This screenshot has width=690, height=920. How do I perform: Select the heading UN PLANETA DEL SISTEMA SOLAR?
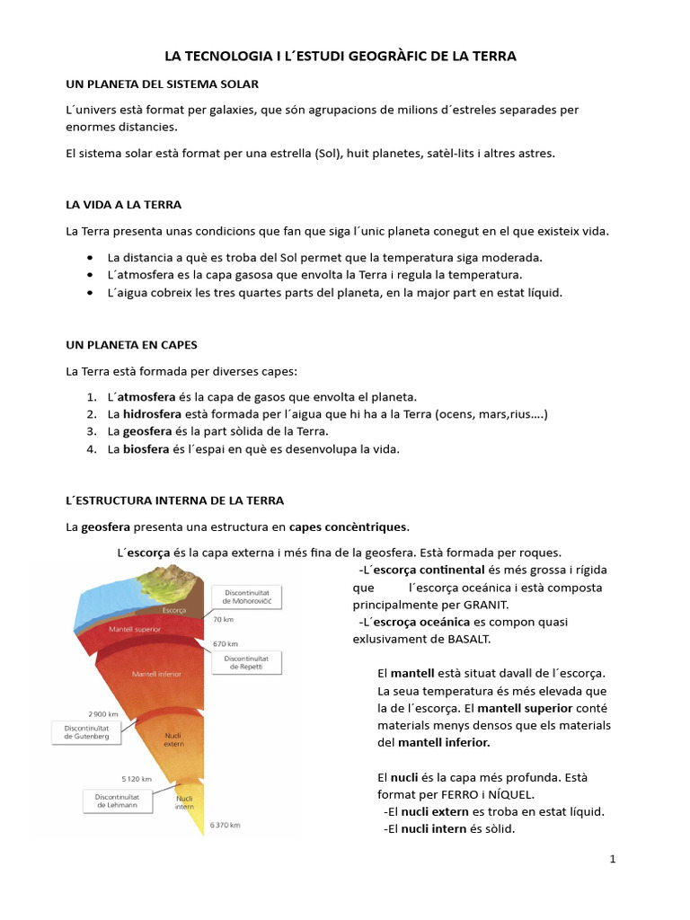(163, 84)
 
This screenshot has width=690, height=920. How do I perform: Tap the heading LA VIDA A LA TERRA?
(124, 205)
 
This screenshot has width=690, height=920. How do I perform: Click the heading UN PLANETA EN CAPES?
(131, 344)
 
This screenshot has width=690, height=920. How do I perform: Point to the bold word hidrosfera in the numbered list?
(152, 414)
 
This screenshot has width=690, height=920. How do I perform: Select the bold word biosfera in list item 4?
(146, 448)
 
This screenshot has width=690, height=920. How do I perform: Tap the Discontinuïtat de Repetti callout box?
(247, 662)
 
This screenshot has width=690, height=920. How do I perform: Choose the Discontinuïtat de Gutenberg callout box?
(86, 731)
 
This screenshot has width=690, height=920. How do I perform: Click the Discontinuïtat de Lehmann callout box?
(117, 800)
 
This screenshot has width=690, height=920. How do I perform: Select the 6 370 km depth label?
(226, 824)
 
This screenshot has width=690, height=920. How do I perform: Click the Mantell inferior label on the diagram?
(156, 673)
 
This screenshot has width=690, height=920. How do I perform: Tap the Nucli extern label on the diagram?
(173, 739)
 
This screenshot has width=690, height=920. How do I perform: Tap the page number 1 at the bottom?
(613, 859)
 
